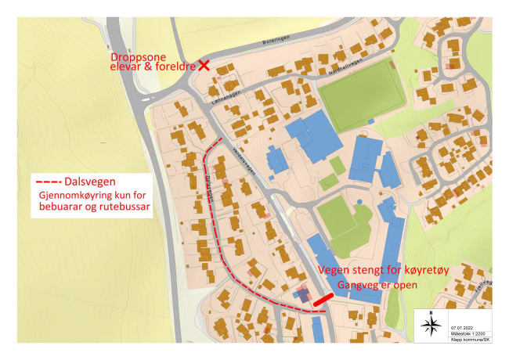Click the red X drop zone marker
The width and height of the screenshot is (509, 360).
coord(204,66)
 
